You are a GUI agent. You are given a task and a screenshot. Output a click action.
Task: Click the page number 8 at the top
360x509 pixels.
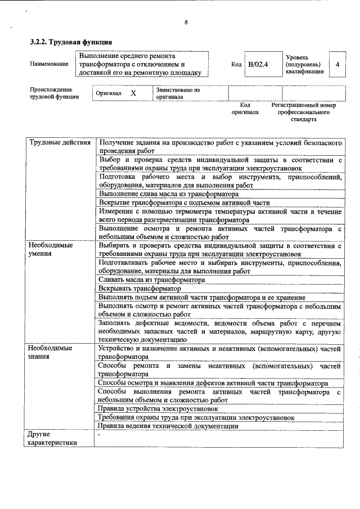(x=186, y=23)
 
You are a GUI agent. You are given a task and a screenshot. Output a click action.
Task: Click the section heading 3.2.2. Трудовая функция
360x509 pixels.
(x=71, y=42)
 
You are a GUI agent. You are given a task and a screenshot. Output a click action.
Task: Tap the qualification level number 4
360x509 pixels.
(x=337, y=64)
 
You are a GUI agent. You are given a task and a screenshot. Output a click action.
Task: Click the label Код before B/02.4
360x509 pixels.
(x=236, y=64)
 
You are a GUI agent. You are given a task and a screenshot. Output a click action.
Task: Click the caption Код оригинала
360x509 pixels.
(x=245, y=109)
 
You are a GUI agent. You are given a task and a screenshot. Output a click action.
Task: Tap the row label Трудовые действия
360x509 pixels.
(x=60, y=142)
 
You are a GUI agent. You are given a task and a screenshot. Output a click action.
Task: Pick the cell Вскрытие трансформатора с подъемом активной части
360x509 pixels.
(x=184, y=202)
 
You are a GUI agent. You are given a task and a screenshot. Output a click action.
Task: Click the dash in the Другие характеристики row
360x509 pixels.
(x=99, y=435)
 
